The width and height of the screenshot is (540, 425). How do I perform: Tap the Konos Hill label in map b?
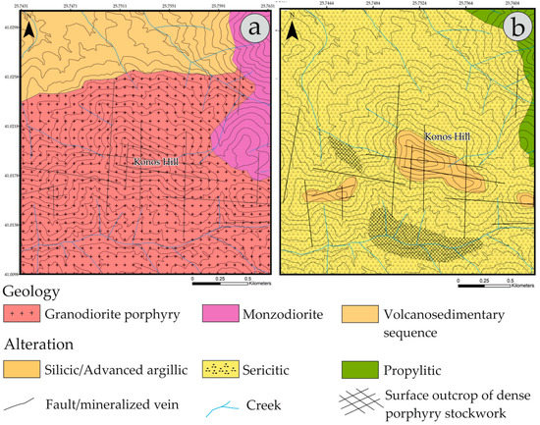(447, 138)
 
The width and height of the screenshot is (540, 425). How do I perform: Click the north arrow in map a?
(34, 31)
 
